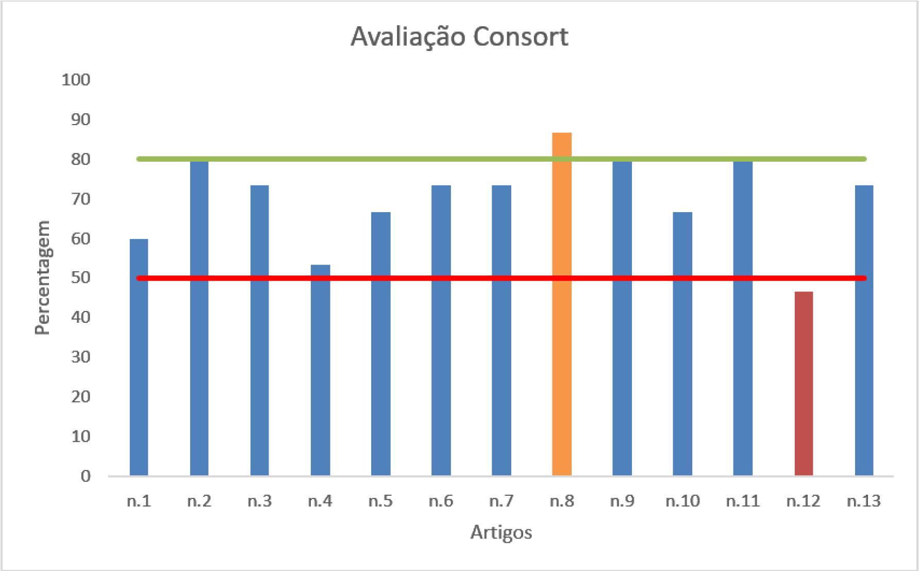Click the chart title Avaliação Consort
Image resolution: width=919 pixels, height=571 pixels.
(x=459, y=37)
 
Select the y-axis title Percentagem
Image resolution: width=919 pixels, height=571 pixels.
(x=43, y=278)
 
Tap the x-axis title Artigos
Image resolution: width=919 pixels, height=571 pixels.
(x=501, y=532)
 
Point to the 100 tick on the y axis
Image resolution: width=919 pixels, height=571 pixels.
(x=75, y=80)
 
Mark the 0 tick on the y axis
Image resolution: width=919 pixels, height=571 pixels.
(x=85, y=476)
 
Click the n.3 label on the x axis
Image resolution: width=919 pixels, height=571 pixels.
(x=260, y=501)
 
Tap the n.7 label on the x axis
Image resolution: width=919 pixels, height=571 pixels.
(x=502, y=501)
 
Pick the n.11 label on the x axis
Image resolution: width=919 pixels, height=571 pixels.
(x=743, y=501)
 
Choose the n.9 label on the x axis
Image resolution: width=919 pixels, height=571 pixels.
(x=622, y=501)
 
